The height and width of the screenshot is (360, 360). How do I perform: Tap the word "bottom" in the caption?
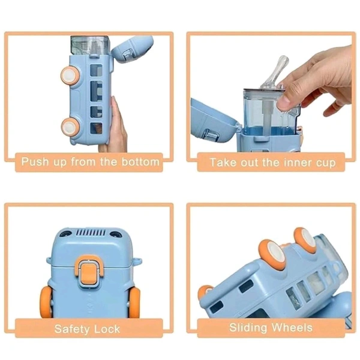140,161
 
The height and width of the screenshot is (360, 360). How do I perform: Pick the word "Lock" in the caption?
107,329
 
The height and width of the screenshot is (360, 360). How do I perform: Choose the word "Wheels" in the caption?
293,328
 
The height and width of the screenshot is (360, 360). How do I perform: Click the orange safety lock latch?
89,271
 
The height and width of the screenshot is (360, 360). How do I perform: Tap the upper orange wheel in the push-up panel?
71,75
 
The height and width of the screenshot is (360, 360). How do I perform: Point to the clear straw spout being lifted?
274,71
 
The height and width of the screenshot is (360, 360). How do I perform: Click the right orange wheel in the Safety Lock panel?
134,302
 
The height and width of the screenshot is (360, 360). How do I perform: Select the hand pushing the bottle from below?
116,126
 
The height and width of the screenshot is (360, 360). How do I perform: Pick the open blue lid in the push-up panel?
133,49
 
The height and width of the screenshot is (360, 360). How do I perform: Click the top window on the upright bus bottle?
96,70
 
